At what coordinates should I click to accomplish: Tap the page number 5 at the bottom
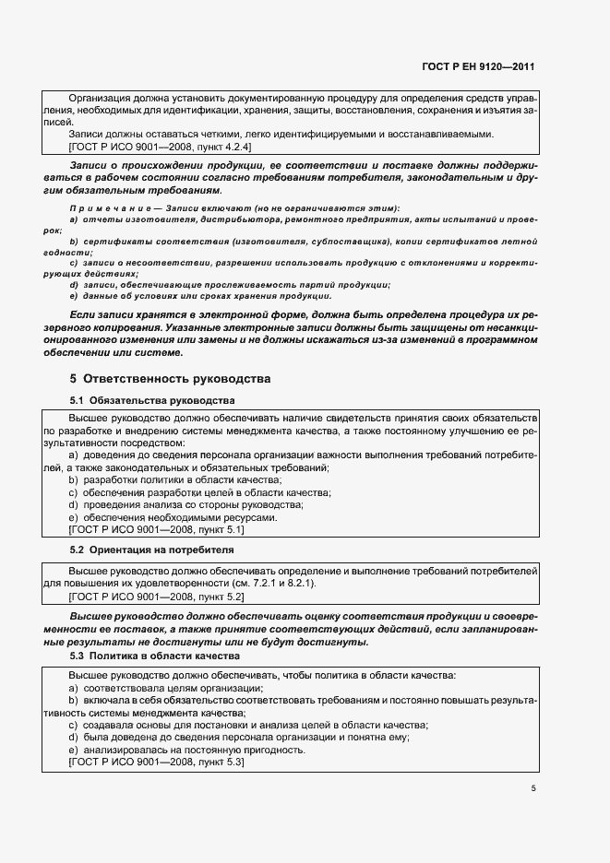click(x=533, y=787)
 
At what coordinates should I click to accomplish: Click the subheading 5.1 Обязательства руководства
click(x=152, y=400)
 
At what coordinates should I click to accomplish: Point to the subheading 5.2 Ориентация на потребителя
click(x=152, y=550)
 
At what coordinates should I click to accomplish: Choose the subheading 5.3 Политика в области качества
click(x=154, y=655)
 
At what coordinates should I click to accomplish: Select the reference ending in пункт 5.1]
click(x=156, y=529)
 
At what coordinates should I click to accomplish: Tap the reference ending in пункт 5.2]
click(x=156, y=597)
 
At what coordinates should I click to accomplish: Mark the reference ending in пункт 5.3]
click(x=156, y=763)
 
